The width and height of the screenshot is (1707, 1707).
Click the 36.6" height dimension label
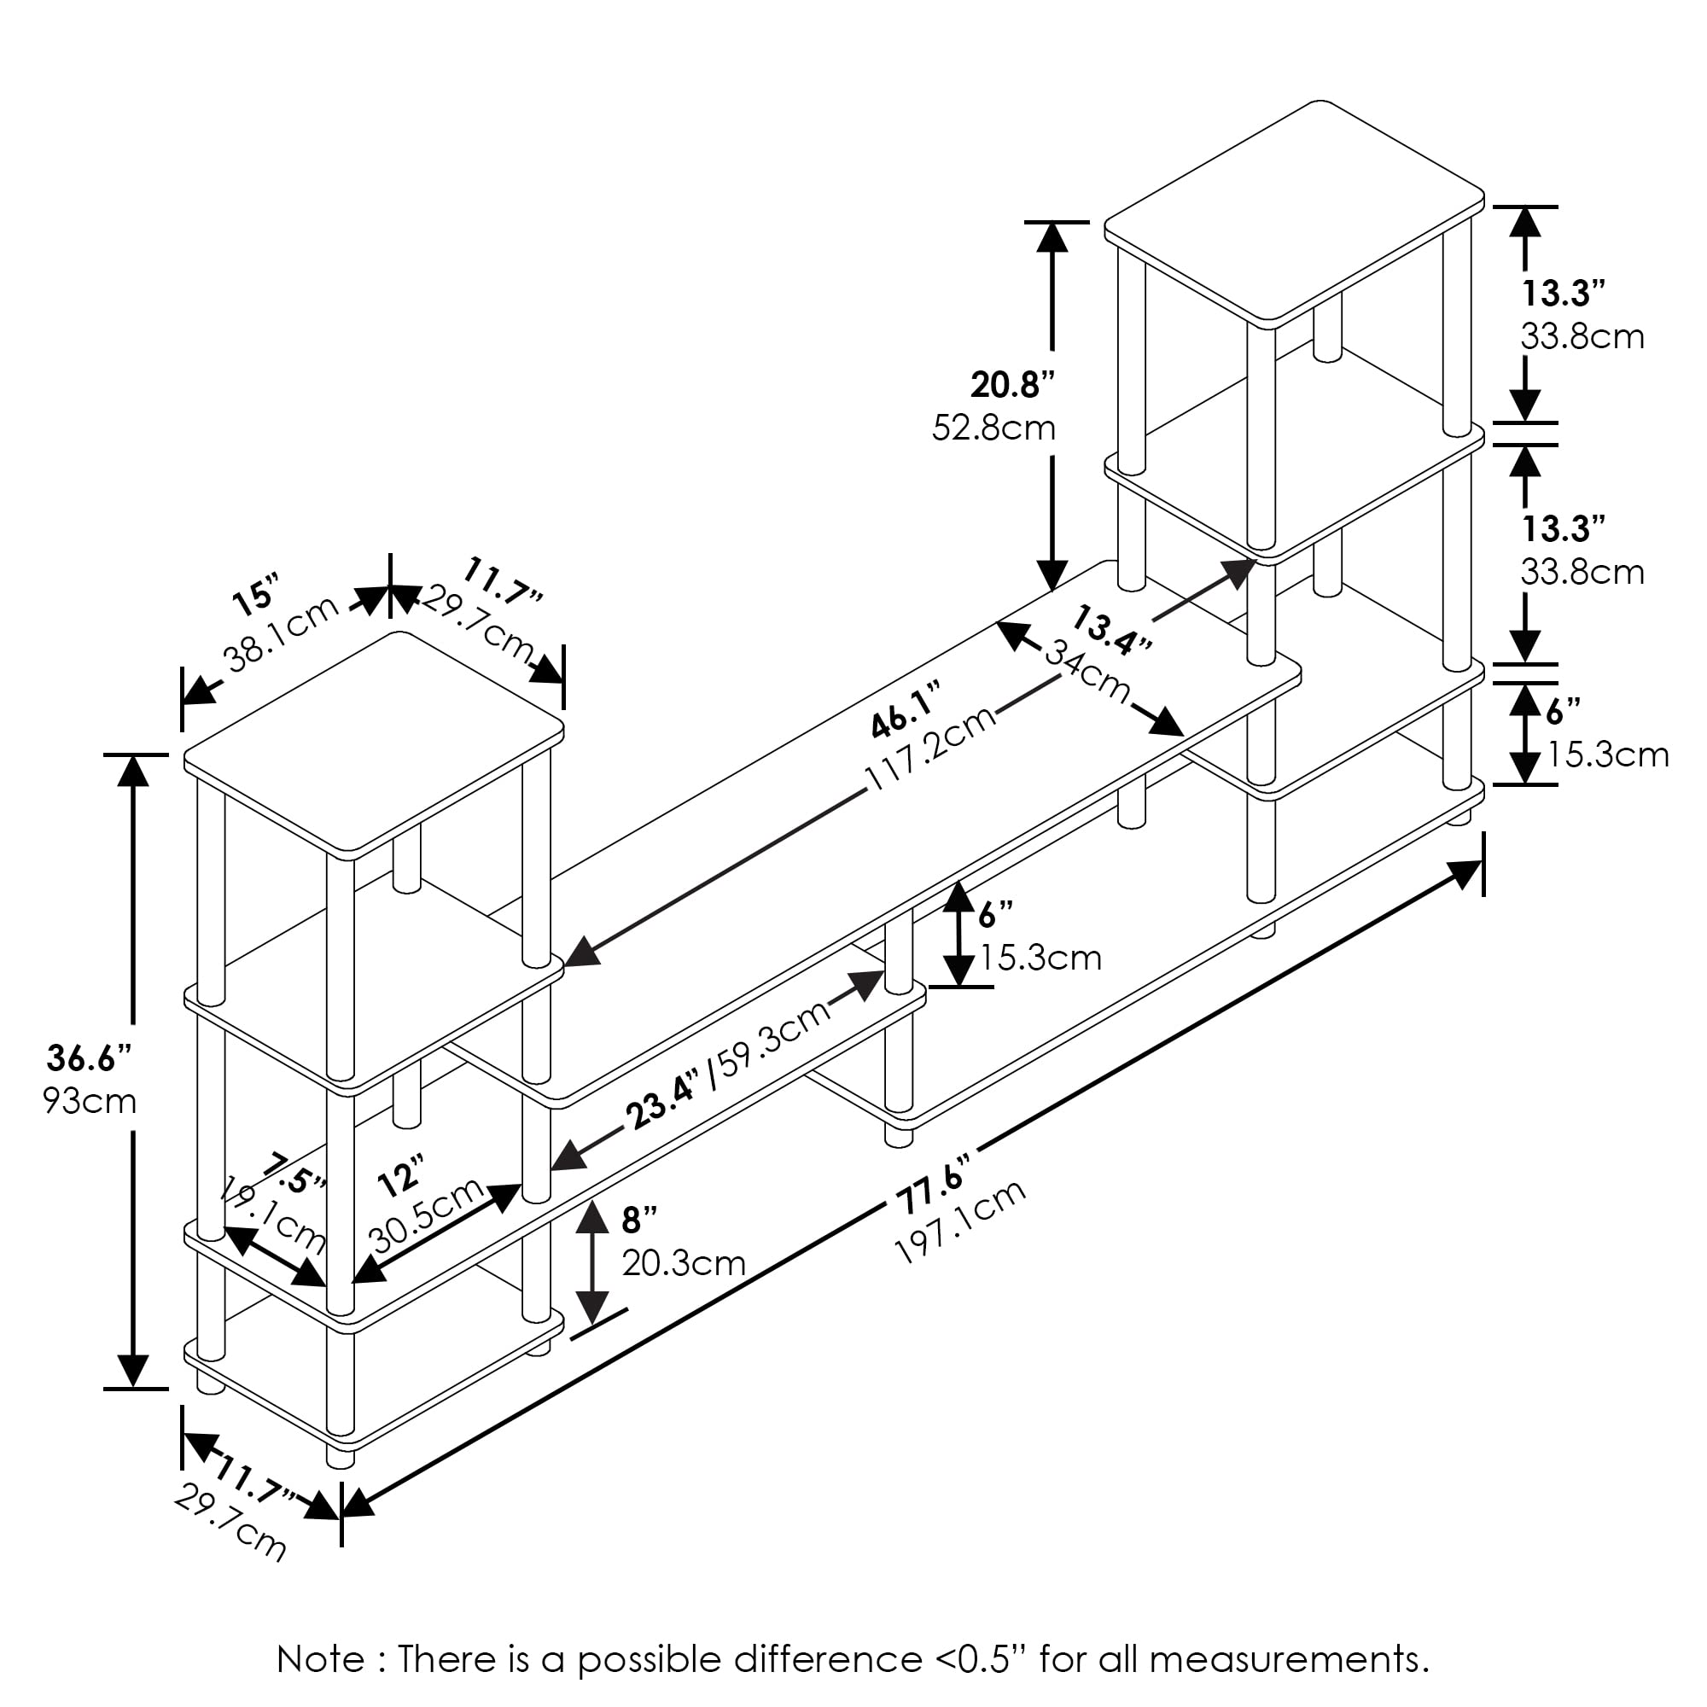(x=90, y=1057)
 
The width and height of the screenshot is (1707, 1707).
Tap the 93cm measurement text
(x=90, y=1101)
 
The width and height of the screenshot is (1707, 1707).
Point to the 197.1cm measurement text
(x=960, y=1222)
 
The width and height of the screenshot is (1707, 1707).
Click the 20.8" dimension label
(x=1012, y=384)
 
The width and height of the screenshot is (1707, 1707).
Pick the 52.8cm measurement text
(x=994, y=428)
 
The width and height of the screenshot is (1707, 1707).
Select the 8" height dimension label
(x=639, y=1220)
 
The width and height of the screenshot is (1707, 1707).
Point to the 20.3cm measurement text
(x=684, y=1263)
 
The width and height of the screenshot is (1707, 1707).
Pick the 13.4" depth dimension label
(x=1112, y=630)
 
